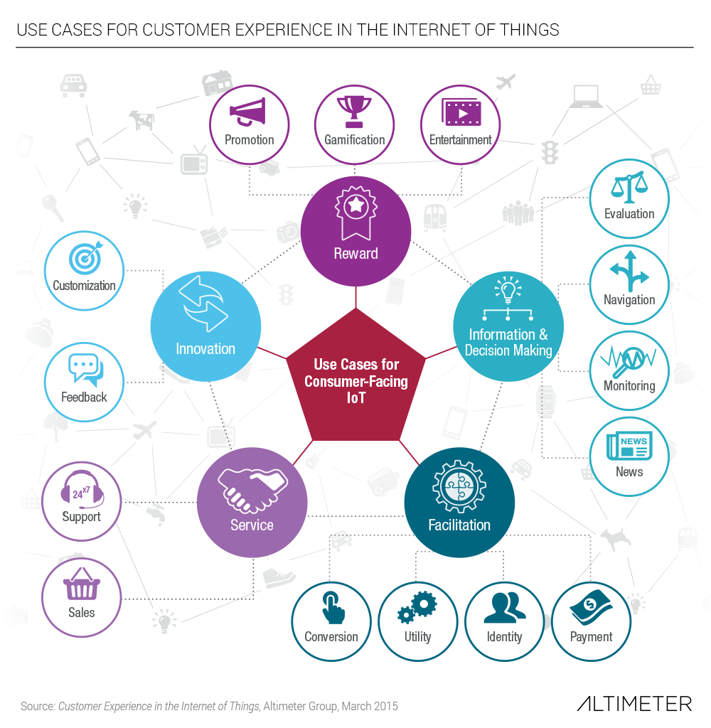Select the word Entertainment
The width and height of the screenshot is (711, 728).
coord(460,140)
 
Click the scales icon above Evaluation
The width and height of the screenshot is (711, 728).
coord(629,187)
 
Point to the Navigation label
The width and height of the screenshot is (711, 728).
coord(629,299)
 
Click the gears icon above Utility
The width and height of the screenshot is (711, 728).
coord(417,608)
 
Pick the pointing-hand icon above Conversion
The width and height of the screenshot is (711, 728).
coord(331,607)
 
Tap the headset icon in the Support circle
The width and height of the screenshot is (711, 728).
coord(81,490)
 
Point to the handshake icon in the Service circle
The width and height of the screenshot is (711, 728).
coord(251,491)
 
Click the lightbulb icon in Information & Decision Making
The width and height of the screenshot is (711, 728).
coord(508,291)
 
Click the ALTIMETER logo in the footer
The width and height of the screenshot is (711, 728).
coord(634,704)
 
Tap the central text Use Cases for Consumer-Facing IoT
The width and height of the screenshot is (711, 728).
coord(356,381)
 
